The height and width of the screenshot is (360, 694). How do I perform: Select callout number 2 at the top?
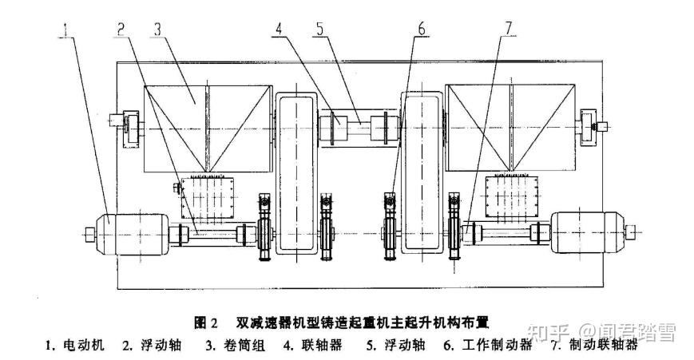click(121, 28)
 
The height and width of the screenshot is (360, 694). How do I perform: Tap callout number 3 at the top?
click(157, 28)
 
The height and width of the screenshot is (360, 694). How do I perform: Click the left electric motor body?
click(133, 232)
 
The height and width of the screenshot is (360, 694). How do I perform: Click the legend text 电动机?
click(83, 346)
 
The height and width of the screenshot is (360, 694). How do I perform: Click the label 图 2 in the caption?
click(206, 323)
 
